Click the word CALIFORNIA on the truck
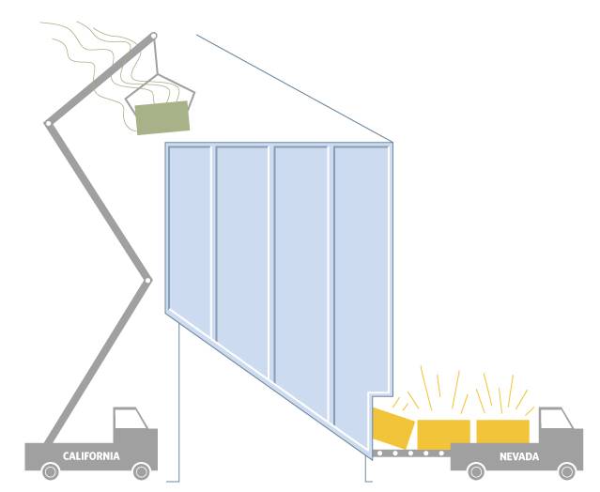pos(91,456)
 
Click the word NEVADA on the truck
pos(519,456)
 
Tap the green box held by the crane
pos(162,117)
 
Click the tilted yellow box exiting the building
pos(392,428)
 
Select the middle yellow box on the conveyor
pos(443,434)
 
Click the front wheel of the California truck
pos(141,471)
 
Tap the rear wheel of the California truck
pos(51,471)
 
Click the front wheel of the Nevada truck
pos(567,471)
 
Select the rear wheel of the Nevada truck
pos(476,471)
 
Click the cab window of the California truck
pos(131,419)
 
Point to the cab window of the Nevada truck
pos(555,419)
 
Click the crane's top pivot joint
pos(153,36)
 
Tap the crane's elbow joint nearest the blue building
pos(147,281)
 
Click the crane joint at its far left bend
pos(48,123)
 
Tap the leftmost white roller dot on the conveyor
pos(380,454)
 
